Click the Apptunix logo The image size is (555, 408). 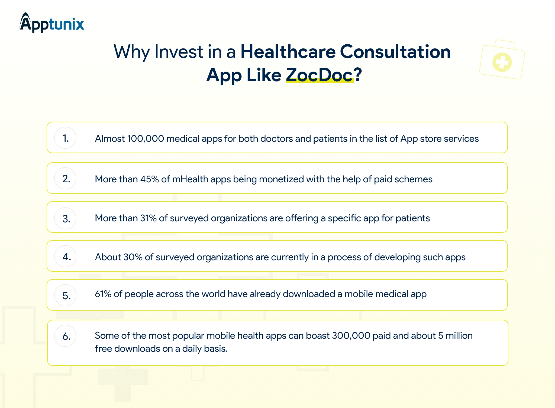(x=52, y=23)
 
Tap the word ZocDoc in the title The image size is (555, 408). (x=320, y=75)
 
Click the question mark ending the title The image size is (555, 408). (x=358, y=74)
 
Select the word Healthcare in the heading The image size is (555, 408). (x=288, y=51)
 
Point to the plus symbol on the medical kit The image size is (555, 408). (x=502, y=62)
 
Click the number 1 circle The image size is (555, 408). (x=65, y=138)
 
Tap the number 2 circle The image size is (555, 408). (x=65, y=178)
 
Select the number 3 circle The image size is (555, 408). (x=65, y=218)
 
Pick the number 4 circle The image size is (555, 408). (x=65, y=256)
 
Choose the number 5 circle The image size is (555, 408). (x=65, y=295)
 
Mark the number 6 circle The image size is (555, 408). (x=65, y=336)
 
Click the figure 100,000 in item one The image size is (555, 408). (x=146, y=139)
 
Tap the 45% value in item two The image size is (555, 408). (x=149, y=179)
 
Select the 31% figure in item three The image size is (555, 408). (x=148, y=218)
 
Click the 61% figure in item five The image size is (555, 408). (x=103, y=294)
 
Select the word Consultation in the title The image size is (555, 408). (x=395, y=51)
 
